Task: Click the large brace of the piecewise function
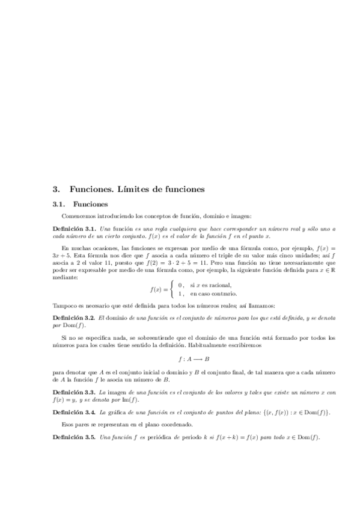(x=173, y=289)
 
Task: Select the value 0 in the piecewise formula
(x=180, y=284)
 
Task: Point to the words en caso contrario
(x=213, y=293)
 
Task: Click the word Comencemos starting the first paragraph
(x=80, y=216)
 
